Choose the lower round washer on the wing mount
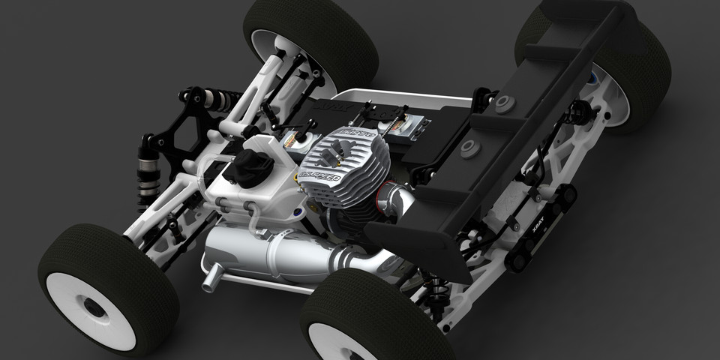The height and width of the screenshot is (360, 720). tap(469, 147)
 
